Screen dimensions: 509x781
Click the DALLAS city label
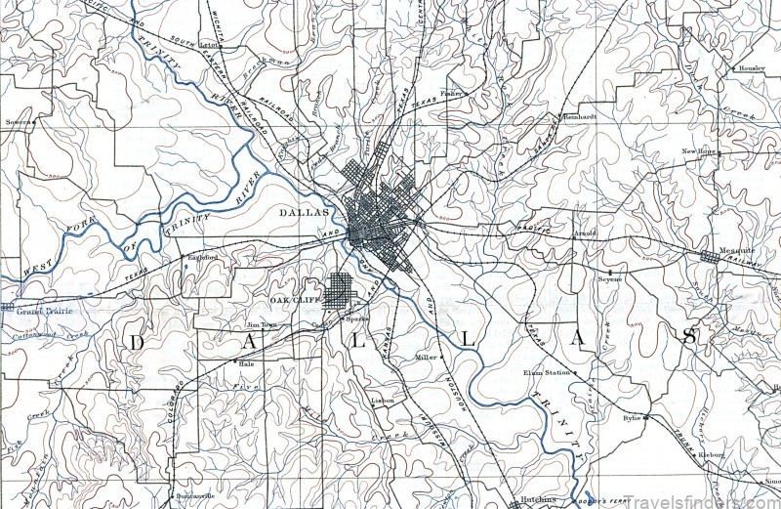(x=301, y=212)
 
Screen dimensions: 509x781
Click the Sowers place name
(x=18, y=122)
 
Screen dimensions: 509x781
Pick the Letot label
(x=208, y=45)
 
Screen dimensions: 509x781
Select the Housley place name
(x=752, y=69)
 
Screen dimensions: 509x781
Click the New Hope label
(x=699, y=151)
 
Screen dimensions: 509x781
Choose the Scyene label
(x=610, y=279)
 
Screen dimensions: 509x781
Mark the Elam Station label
(x=546, y=372)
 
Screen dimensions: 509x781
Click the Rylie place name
(x=631, y=417)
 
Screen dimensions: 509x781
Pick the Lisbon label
(x=382, y=401)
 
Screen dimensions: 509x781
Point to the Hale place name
(x=246, y=362)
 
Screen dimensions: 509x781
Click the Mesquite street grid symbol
(x=710, y=255)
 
